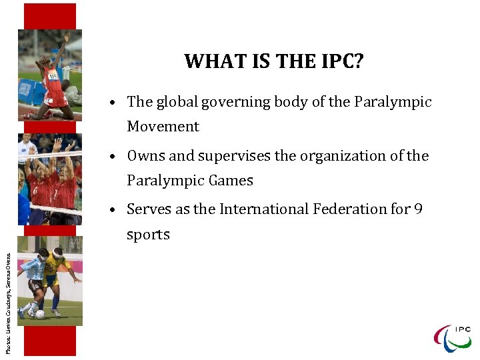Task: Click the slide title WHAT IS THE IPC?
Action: click(274, 61)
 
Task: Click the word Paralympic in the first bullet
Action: click(393, 102)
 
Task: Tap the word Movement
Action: click(163, 127)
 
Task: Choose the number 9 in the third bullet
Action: click(418, 209)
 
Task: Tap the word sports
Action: click(148, 235)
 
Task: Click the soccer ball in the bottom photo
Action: click(41, 314)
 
